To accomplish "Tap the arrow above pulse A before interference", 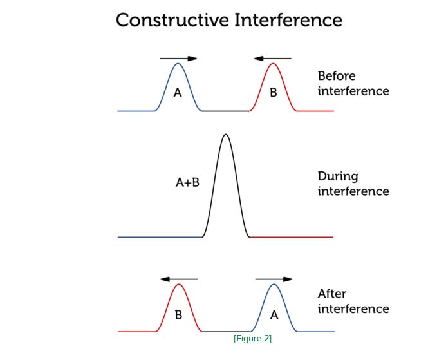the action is (178, 59).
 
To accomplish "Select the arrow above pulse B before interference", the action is (272, 59).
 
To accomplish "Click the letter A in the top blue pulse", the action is (178, 93).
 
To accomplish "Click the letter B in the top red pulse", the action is (273, 93).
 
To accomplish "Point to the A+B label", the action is (187, 183).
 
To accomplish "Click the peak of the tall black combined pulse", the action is (225, 135).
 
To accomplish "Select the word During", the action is (338, 176).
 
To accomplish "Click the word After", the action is (332, 294).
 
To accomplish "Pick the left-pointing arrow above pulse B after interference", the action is (179, 279).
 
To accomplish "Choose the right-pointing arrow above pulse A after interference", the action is (274, 279).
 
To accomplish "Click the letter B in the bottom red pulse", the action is (178, 316).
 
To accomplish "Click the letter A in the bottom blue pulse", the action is (274, 316).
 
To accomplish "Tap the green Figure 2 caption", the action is (252, 339).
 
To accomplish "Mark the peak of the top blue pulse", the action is (178, 63).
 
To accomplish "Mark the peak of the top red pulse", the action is (273, 63).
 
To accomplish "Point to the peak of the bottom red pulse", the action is (179, 285).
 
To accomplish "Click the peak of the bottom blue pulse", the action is (274, 285).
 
